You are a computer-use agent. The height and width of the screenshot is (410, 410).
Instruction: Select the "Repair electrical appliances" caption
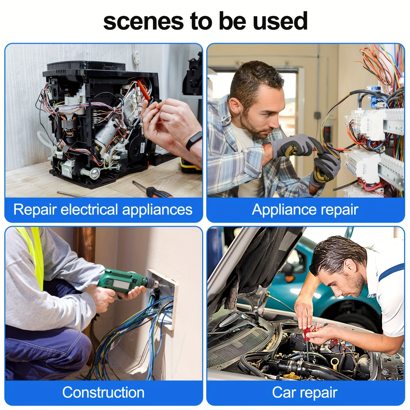[x=103, y=210]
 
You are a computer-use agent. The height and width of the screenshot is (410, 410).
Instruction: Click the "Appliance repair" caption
[x=305, y=210]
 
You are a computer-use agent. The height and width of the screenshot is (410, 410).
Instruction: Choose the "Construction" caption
[x=103, y=392]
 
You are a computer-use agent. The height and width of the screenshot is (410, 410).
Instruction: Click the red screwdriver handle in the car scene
[x=306, y=333]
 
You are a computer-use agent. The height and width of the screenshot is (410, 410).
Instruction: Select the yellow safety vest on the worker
[x=33, y=256]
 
